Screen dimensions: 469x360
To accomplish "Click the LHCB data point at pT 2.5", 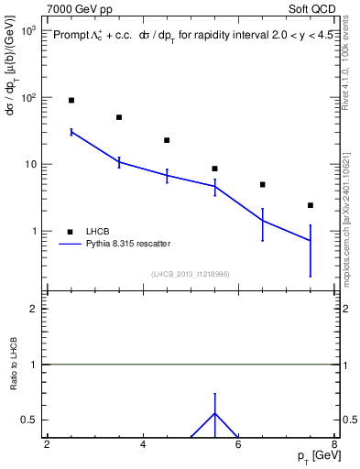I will tap(71, 100).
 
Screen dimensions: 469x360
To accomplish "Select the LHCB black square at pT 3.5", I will tap(119, 117).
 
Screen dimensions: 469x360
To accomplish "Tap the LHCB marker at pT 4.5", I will tap(167, 140).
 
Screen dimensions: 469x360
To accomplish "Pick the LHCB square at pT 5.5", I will tap(214, 169).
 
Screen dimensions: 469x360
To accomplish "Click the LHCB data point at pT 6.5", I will tap(263, 184).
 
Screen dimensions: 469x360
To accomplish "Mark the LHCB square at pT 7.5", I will tap(311, 205).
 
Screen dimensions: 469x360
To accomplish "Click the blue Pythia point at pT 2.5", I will tap(71, 132).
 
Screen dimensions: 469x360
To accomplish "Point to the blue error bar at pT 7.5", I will tap(311, 241).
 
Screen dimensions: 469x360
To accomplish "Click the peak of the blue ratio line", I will tap(214, 413).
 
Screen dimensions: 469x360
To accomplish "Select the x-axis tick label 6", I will tap(238, 445).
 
